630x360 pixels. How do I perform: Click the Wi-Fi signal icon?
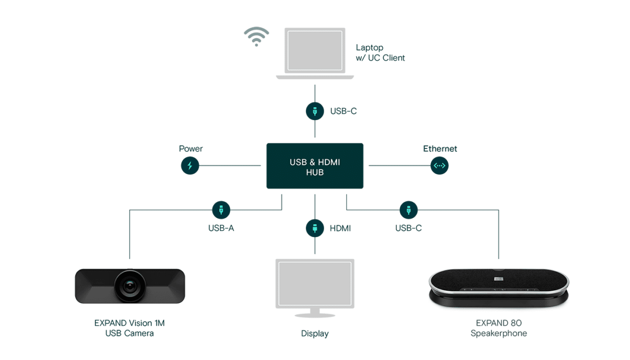256,37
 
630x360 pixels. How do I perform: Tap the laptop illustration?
314,53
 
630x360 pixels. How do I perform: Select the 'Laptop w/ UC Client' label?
380,52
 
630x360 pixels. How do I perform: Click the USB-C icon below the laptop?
314,111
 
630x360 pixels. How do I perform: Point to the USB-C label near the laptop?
343,111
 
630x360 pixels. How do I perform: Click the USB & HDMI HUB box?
314,166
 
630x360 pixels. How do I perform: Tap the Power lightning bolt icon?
190,165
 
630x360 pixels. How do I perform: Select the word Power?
191,149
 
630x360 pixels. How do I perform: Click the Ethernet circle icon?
439,165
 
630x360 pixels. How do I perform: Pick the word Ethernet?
440,149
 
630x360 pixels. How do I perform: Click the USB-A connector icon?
221,210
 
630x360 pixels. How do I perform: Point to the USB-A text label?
221,228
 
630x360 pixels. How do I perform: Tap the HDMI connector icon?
314,228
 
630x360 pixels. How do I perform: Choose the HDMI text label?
340,228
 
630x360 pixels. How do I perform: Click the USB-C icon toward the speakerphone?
408,210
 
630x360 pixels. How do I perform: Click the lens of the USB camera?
130,286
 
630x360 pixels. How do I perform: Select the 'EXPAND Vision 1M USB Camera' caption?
129,328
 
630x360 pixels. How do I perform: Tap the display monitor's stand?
314,313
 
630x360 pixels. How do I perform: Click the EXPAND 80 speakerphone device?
499,288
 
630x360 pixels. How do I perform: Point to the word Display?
314,334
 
